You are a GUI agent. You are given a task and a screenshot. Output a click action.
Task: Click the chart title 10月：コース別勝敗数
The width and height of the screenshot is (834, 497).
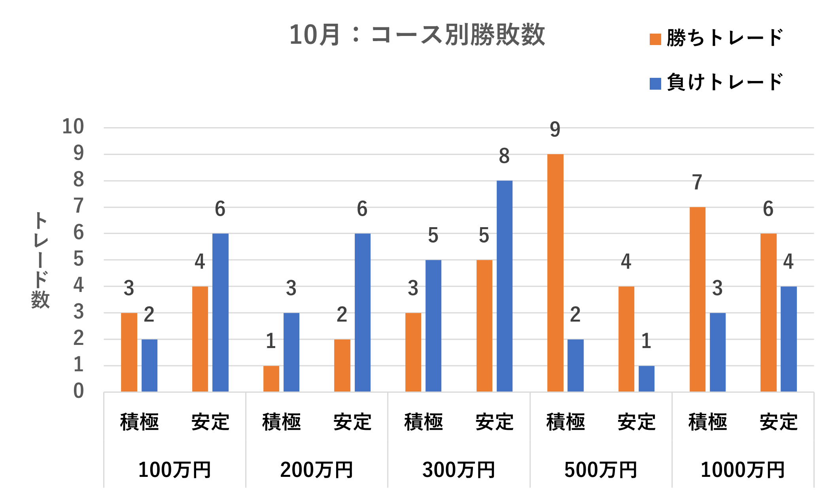(x=417, y=35)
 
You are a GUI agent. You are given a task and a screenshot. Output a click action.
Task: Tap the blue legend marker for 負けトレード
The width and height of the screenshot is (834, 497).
(x=655, y=83)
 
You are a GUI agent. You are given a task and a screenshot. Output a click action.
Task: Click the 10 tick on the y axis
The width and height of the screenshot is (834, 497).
(x=73, y=127)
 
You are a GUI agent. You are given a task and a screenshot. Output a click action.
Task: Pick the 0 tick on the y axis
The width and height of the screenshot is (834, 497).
(x=78, y=391)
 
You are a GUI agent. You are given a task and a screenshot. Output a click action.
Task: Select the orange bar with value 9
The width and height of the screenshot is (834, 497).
(x=555, y=273)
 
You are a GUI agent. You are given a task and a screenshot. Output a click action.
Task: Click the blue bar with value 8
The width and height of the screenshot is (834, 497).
(x=504, y=286)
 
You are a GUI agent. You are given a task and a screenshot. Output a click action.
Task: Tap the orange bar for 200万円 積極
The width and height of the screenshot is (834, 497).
(x=271, y=378)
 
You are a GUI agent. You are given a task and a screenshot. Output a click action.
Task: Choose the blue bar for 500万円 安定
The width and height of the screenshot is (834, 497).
(x=646, y=378)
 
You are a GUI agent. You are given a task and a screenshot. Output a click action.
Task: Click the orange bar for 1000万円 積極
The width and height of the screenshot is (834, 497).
(x=697, y=299)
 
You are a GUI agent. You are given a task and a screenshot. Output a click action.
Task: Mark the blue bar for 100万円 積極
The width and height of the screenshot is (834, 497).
(x=149, y=365)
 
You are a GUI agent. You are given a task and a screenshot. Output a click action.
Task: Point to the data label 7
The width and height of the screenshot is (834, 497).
(x=697, y=183)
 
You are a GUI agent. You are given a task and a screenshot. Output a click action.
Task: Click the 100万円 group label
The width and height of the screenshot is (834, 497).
(x=174, y=470)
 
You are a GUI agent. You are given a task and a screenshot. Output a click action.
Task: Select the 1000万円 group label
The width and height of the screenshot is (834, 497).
(x=742, y=470)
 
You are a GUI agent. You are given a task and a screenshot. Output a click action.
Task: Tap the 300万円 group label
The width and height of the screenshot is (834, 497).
(x=458, y=470)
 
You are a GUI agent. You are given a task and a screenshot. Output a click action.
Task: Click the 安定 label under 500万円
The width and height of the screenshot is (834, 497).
(x=636, y=422)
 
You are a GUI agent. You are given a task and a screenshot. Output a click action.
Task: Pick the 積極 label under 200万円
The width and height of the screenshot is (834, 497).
(x=281, y=422)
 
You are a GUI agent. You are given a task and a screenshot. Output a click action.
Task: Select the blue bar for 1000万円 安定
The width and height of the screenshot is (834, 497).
(x=789, y=339)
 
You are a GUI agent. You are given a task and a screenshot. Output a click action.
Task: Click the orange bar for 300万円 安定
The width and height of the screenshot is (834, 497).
(x=484, y=326)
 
